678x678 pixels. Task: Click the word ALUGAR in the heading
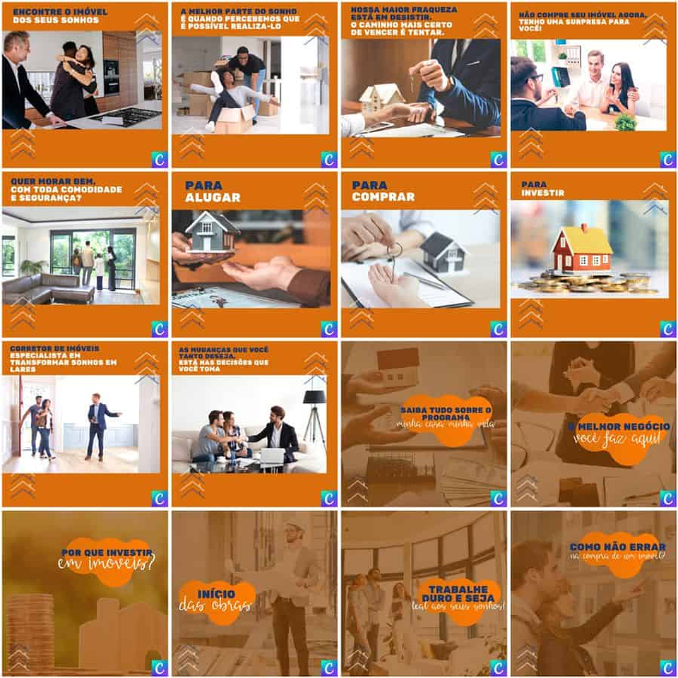tap(213, 198)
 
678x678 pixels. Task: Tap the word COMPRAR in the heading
tap(383, 197)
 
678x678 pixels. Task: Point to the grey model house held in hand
tap(211, 231)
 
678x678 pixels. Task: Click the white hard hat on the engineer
tap(294, 525)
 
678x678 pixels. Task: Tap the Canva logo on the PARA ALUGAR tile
tap(328, 329)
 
